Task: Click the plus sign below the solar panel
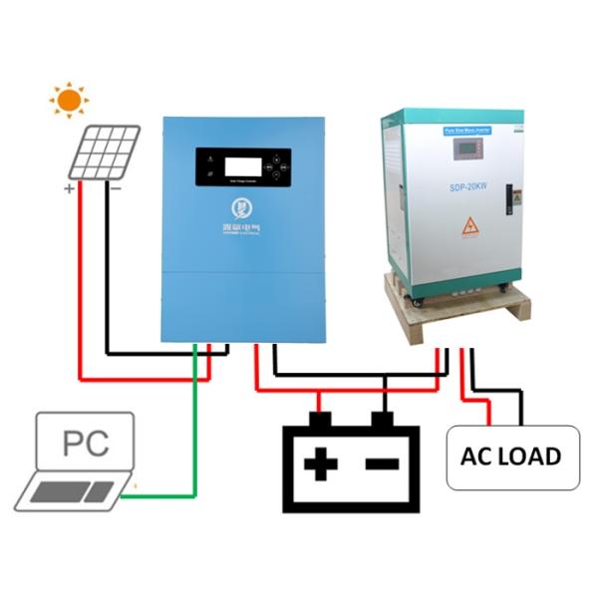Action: tap(69, 188)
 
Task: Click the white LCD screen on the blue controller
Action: tap(235, 166)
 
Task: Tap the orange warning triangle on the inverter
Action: tap(469, 227)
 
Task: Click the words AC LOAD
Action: tap(510, 456)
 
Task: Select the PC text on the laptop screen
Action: tap(86, 444)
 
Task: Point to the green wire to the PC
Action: tap(194, 429)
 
